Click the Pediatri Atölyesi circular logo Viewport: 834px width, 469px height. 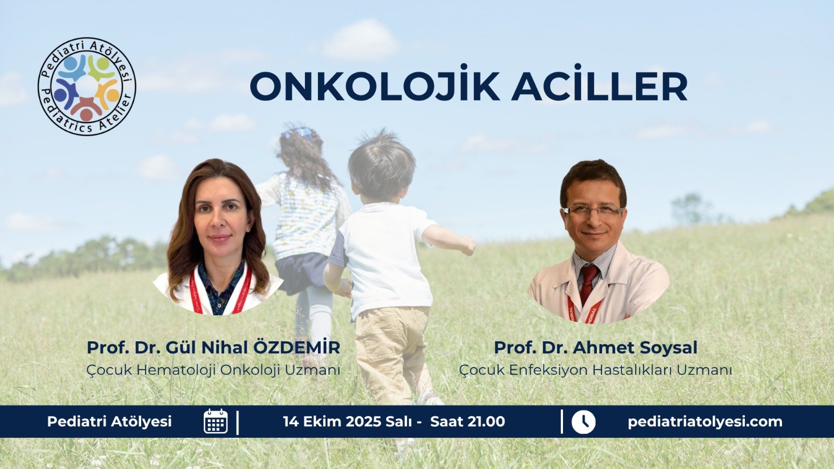pos(87,87)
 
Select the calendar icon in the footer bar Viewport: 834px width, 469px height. pos(216,421)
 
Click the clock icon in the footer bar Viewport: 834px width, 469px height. pos(583,422)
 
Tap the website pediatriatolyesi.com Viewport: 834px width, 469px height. pos(705,422)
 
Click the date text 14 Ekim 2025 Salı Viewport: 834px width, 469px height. pos(347,422)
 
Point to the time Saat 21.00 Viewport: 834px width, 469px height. pos(468,422)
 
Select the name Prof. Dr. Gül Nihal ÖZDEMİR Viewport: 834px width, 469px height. pos(213,348)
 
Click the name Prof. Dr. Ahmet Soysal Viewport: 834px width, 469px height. pos(596,348)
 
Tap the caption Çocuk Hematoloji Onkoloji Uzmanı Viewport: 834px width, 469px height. pos(213,370)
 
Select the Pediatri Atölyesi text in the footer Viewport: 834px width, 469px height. pos(109,422)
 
